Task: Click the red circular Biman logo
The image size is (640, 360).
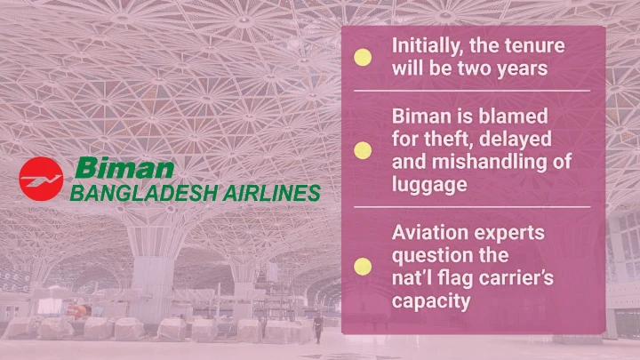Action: [x=41, y=179]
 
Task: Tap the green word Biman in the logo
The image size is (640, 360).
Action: [x=124, y=168]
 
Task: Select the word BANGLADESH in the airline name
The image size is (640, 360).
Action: [x=143, y=193]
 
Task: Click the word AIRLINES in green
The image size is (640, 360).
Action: [x=271, y=193]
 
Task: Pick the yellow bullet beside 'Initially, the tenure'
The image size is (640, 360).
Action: [x=363, y=57]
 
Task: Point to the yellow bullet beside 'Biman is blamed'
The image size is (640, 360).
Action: [x=363, y=150]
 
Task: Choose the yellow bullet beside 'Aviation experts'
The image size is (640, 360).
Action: [x=363, y=266]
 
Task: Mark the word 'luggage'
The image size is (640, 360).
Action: [x=429, y=185]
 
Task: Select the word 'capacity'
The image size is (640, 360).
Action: [x=431, y=302]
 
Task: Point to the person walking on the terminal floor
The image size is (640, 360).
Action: [x=318, y=328]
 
